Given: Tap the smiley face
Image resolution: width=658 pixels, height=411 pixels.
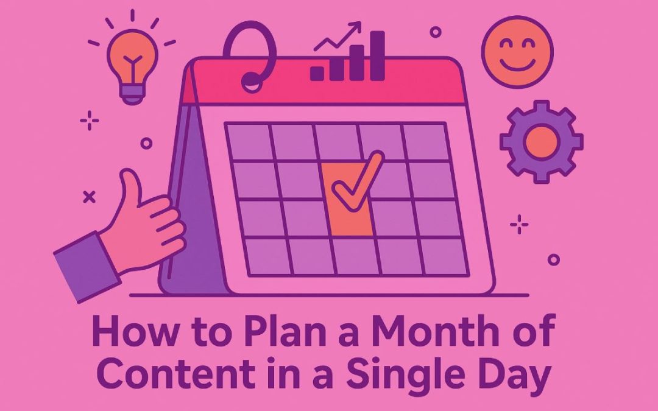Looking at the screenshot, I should click(x=517, y=52).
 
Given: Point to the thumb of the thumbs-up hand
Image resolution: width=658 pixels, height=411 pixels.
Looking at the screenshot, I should click(x=130, y=189).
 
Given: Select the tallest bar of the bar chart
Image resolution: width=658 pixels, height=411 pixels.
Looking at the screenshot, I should click(x=378, y=56).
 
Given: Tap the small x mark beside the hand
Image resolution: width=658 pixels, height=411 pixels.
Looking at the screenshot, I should click(x=89, y=197).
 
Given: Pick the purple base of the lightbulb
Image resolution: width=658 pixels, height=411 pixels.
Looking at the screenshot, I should click(x=132, y=92).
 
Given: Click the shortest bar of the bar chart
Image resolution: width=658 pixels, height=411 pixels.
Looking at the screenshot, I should click(x=317, y=73).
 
